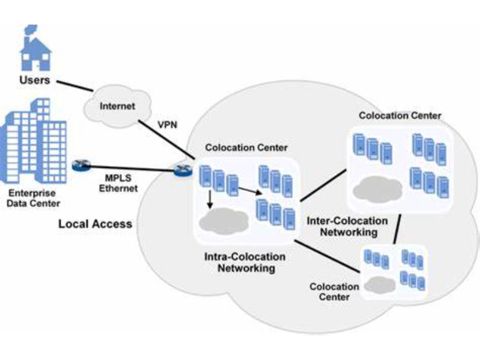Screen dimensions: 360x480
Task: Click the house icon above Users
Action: tap(35, 49)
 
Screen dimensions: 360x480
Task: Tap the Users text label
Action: tap(35, 80)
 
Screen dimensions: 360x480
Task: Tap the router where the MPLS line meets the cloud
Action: tap(182, 170)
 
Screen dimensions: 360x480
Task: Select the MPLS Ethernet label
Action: tap(119, 184)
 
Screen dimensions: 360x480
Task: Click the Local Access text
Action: tap(95, 224)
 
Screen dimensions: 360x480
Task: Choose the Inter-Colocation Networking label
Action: tap(342, 226)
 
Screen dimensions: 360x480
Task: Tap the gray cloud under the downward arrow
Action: tap(223, 220)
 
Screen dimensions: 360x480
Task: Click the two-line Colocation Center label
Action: tap(334, 292)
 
